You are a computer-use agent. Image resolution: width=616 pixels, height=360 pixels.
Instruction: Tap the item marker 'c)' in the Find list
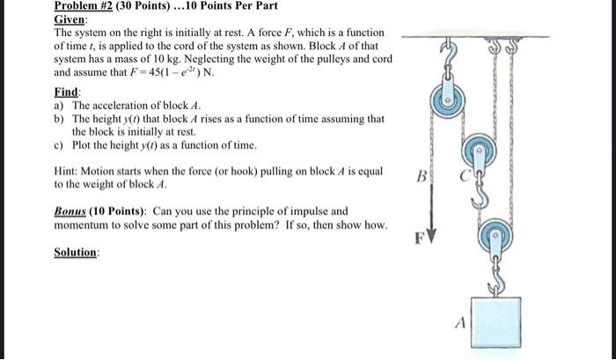click(59, 144)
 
